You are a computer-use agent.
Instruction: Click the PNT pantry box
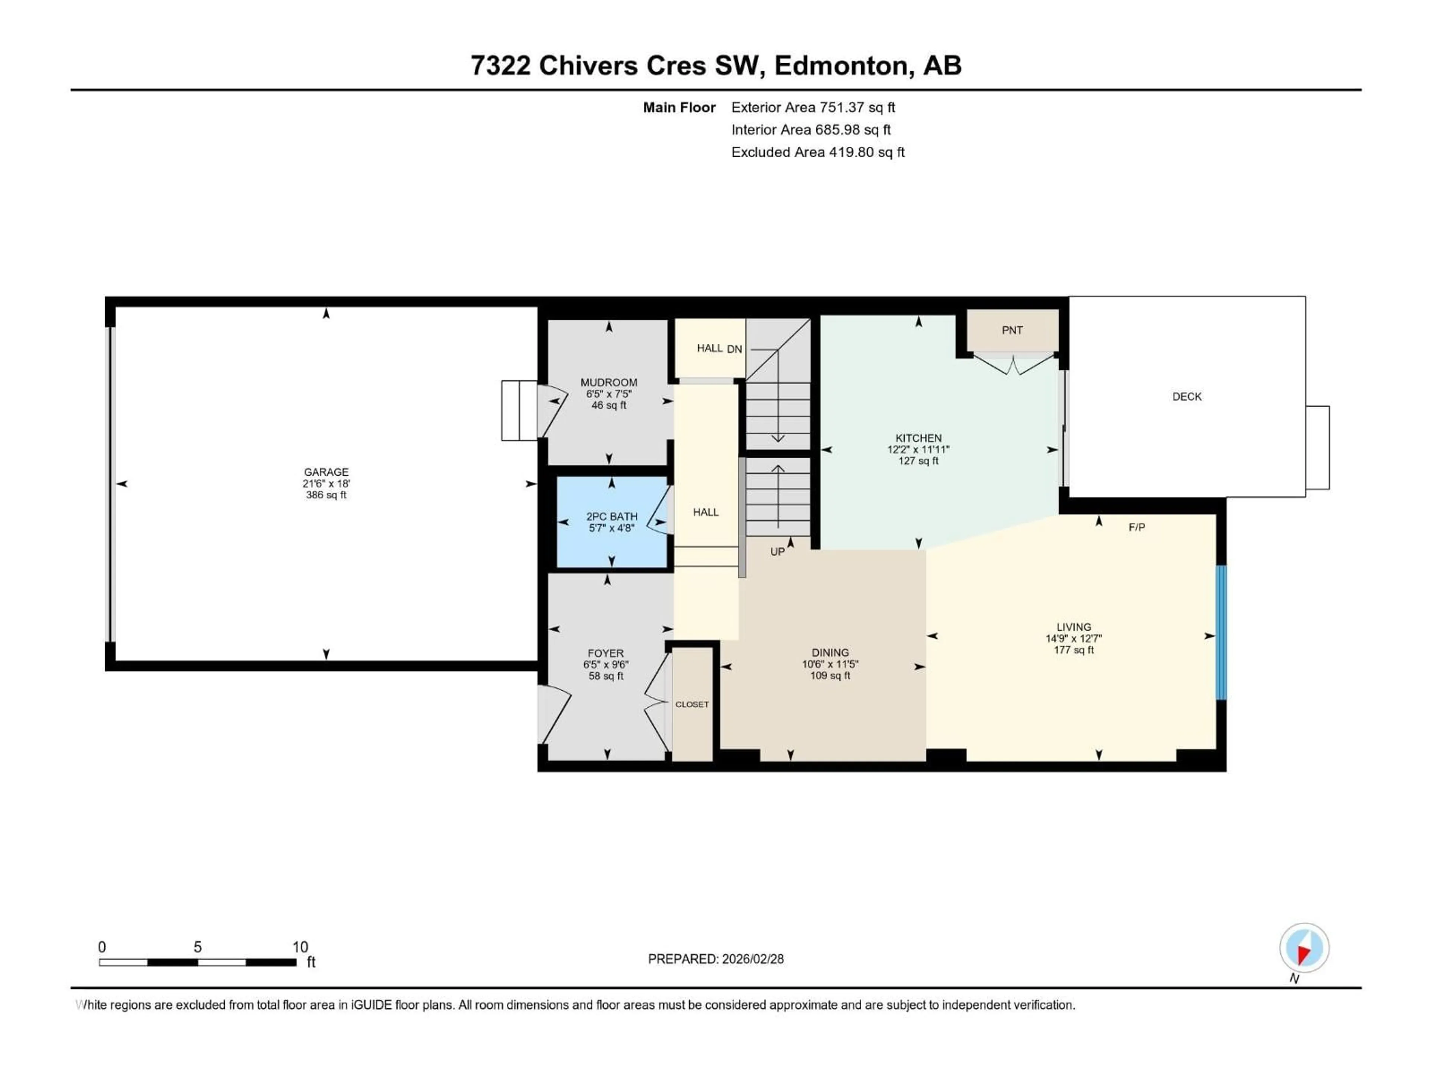tap(1012, 330)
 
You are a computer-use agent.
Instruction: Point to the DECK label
tap(1186, 396)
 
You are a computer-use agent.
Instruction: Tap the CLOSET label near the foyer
tap(692, 704)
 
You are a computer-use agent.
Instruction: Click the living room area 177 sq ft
tap(1074, 650)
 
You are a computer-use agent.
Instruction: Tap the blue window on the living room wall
tap(1221, 632)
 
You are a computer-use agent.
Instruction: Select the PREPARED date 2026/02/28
tap(715, 959)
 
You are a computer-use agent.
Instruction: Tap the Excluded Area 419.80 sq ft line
tap(818, 152)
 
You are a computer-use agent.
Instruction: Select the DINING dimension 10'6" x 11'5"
tap(830, 664)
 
